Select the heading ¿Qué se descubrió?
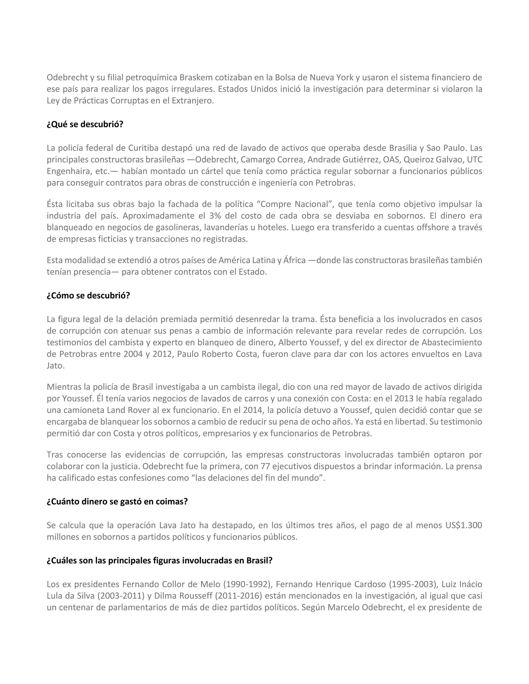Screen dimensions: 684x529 click(x=85, y=124)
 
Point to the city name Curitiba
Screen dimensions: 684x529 click(x=142, y=148)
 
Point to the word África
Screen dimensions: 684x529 click(x=294, y=260)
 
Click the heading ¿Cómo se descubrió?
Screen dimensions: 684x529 click(x=88, y=296)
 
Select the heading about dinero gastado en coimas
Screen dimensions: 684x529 click(x=117, y=502)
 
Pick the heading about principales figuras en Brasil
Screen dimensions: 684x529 click(x=160, y=560)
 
